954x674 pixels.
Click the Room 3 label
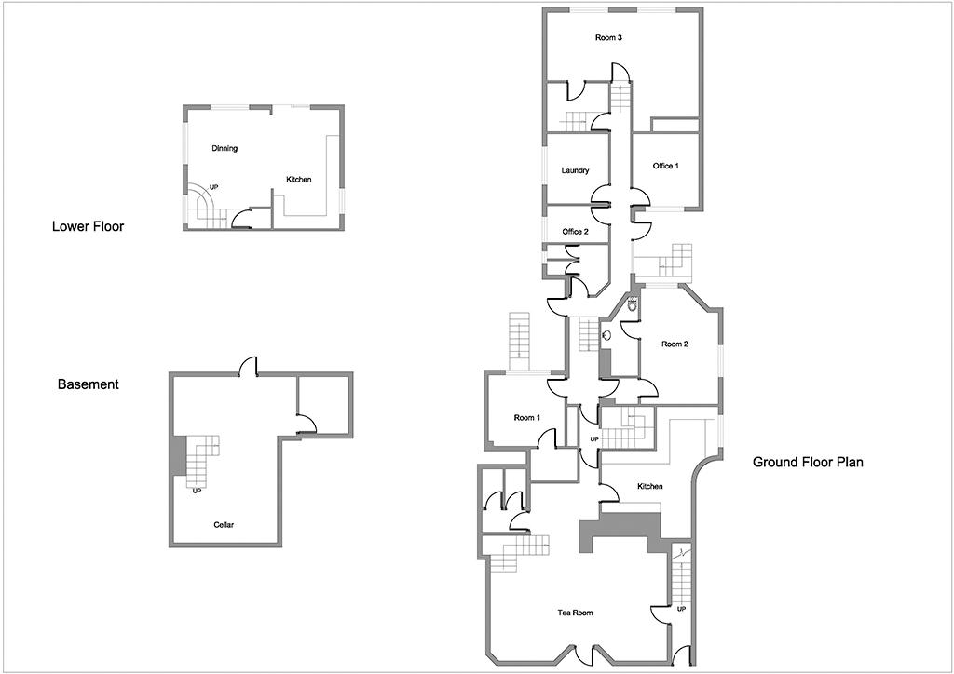pos(607,37)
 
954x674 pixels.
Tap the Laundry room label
pos(575,170)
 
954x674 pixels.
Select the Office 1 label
pos(665,166)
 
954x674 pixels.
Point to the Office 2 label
pos(575,232)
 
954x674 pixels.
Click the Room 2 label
pos(675,344)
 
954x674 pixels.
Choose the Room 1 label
pos(527,418)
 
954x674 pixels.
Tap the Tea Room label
pos(575,613)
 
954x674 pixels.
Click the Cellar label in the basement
pos(224,525)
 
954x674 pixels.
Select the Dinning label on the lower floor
pos(225,148)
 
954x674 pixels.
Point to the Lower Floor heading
pos(88,227)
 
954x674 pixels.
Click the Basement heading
pos(89,384)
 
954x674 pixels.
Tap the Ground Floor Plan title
pos(808,462)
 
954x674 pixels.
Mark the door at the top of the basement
pos(249,367)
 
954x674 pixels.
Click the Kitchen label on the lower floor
pos(299,180)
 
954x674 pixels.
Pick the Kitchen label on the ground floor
pos(649,486)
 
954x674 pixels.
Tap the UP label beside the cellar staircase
pos(197,491)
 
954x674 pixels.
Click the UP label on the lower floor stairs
pos(213,187)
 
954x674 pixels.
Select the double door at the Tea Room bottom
pos(584,654)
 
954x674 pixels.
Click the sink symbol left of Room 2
pos(606,335)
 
